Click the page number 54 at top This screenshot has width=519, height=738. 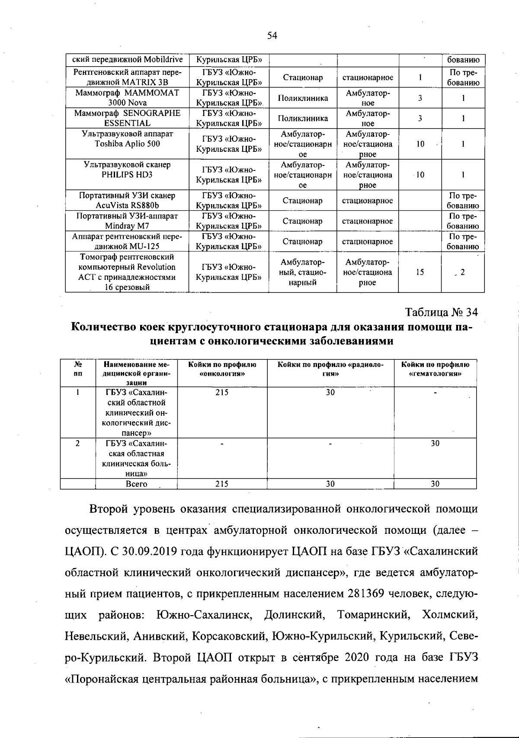tap(272, 36)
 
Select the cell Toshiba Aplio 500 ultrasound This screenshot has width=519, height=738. tap(127, 144)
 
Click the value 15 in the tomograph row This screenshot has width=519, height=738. tap(420, 272)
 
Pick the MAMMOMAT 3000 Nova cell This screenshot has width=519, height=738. tap(127, 98)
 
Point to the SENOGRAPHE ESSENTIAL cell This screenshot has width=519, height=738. tap(127, 118)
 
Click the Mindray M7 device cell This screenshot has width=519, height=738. tap(127, 221)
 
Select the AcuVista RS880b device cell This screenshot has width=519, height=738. tap(127, 200)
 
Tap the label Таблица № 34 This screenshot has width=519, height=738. tap(441, 312)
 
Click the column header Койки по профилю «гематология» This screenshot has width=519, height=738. tap(435, 369)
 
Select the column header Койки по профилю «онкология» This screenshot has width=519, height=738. tap(222, 369)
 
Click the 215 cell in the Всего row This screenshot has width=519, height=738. tap(222, 484)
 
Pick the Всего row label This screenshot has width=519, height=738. tap(136, 484)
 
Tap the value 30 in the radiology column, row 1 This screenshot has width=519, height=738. tap(330, 392)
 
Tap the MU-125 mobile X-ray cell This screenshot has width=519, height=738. tap(127, 241)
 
